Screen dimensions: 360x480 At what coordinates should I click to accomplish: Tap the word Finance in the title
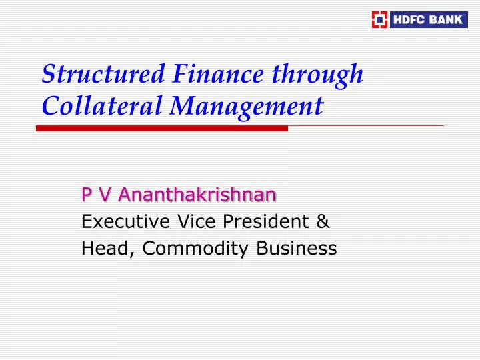(x=204, y=74)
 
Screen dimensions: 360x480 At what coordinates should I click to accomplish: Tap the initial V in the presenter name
(x=103, y=195)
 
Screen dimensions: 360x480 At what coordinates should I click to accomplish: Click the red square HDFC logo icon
(x=379, y=19)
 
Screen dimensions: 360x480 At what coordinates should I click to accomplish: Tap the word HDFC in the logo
(x=409, y=19)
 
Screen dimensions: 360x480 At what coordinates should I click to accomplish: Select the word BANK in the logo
(x=446, y=19)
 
